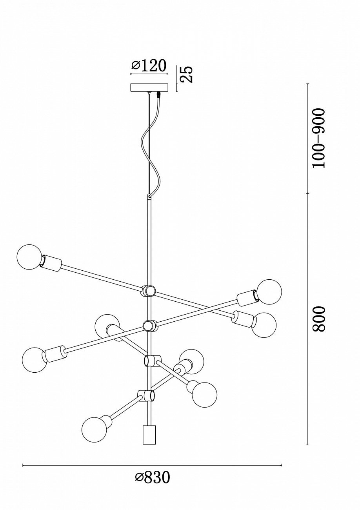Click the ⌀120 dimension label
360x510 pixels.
pos(149,66)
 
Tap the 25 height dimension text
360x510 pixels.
pos(187,74)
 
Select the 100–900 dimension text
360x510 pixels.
pos(319,138)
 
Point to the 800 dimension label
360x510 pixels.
pos(319,319)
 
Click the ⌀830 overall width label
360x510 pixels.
pos(153,477)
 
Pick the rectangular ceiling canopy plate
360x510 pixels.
pos(149,87)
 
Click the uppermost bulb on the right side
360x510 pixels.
pos(269,292)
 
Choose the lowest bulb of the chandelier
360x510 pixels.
pos(94,429)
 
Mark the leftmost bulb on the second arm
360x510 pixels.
pos(35,360)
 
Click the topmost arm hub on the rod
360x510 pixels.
pos(149,291)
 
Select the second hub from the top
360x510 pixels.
pos(149,326)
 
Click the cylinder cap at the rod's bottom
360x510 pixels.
pos(149,435)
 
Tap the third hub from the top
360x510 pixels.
pos(152,360)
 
